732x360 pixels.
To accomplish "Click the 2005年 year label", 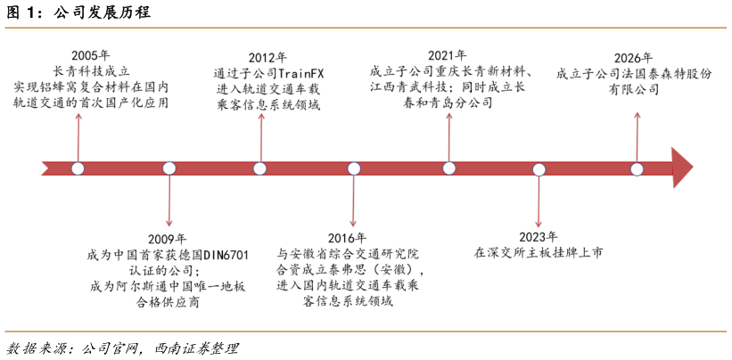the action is pyautogui.click(x=91, y=55).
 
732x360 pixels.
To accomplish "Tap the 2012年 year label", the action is pyautogui.click(x=268, y=58).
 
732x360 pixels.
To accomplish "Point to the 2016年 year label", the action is pyautogui.click(x=348, y=238).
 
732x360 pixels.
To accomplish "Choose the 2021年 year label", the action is pyautogui.click(x=448, y=55).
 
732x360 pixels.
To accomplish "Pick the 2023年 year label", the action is pyautogui.click(x=539, y=237).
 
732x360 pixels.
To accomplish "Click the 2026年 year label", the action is pyautogui.click(x=633, y=58).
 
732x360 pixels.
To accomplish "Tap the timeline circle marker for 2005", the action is pyautogui.click(x=78, y=168).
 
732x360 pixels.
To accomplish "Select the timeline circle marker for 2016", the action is pyautogui.click(x=354, y=168).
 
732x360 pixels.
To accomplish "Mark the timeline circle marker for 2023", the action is pyautogui.click(x=539, y=169).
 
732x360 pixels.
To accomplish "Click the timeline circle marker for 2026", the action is pyautogui.click(x=637, y=168).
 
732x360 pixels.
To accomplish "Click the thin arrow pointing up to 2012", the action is pyautogui.click(x=260, y=137).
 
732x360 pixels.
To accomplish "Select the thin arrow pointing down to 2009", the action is pyautogui.click(x=169, y=200).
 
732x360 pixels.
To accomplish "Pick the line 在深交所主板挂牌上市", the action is pyautogui.click(x=539, y=253).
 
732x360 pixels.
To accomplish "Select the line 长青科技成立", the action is pyautogui.click(x=91, y=72).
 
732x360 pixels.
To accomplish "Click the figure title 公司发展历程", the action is pyautogui.click(x=102, y=12).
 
